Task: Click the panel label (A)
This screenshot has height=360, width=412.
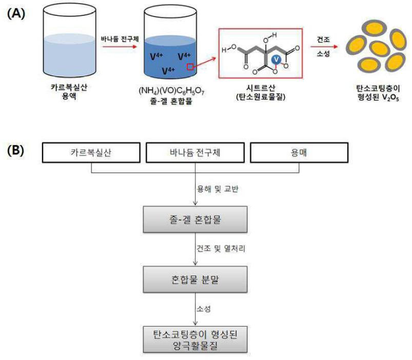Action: (x=16, y=13)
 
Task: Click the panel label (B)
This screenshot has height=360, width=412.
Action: (x=15, y=150)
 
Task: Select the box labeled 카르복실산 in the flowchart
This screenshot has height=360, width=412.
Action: (x=91, y=152)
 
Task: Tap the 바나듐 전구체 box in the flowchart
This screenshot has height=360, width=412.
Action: (x=195, y=152)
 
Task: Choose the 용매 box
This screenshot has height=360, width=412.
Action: (x=299, y=152)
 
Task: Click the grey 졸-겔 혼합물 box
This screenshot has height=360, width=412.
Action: (x=195, y=219)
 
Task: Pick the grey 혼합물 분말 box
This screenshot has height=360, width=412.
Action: (x=195, y=279)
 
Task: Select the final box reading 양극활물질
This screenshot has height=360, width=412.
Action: (x=195, y=339)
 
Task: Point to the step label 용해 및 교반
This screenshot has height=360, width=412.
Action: (x=218, y=189)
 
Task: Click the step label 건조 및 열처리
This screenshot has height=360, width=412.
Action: (x=221, y=248)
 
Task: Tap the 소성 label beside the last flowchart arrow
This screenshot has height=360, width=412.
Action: (x=204, y=309)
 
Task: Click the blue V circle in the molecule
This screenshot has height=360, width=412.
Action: (x=276, y=60)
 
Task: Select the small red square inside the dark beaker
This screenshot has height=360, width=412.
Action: (x=190, y=67)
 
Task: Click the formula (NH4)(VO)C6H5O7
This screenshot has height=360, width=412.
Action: (x=171, y=91)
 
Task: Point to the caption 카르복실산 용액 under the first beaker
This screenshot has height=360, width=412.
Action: (x=69, y=91)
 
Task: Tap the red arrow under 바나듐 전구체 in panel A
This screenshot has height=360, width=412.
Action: (x=120, y=47)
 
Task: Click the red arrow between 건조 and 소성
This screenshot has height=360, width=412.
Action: (x=324, y=47)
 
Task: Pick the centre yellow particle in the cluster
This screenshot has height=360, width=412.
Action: (x=379, y=49)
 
